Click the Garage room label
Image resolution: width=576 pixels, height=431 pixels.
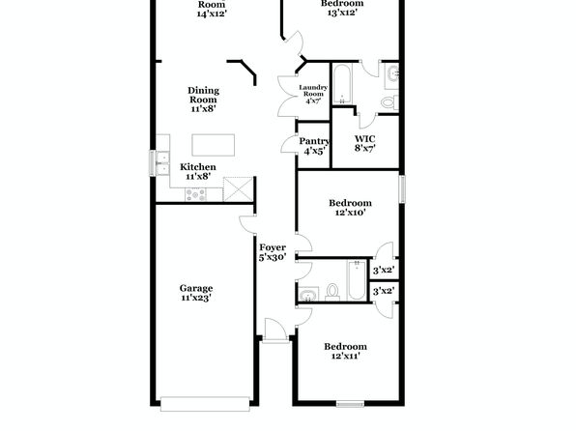click(x=196, y=288)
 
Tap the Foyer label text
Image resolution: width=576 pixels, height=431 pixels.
click(x=273, y=247)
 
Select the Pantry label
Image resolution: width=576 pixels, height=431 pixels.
click(x=314, y=141)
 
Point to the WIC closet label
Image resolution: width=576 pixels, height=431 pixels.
click(x=364, y=139)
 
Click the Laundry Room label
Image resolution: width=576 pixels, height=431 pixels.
click(x=313, y=91)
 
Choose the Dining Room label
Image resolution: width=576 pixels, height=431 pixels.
click(x=204, y=95)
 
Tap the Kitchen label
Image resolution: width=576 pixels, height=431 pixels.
click(x=197, y=167)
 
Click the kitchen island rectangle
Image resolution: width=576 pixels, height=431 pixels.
click(x=213, y=145)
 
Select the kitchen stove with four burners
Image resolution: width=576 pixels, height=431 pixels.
click(x=195, y=194)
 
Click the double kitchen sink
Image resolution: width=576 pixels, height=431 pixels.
click(x=162, y=162)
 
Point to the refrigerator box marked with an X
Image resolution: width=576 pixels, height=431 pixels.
click(x=239, y=189)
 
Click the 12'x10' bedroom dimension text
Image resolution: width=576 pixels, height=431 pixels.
click(x=351, y=213)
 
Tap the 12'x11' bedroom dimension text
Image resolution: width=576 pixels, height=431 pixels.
click(x=345, y=356)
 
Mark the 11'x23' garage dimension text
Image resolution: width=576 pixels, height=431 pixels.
click(x=196, y=298)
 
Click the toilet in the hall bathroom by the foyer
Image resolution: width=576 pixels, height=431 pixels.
click(x=332, y=291)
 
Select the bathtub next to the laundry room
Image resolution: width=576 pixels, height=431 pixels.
click(x=342, y=84)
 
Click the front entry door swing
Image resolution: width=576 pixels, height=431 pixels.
click(x=274, y=330)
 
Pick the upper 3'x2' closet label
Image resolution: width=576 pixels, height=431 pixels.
click(x=384, y=271)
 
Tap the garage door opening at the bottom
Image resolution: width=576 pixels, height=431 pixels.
click(x=205, y=403)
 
